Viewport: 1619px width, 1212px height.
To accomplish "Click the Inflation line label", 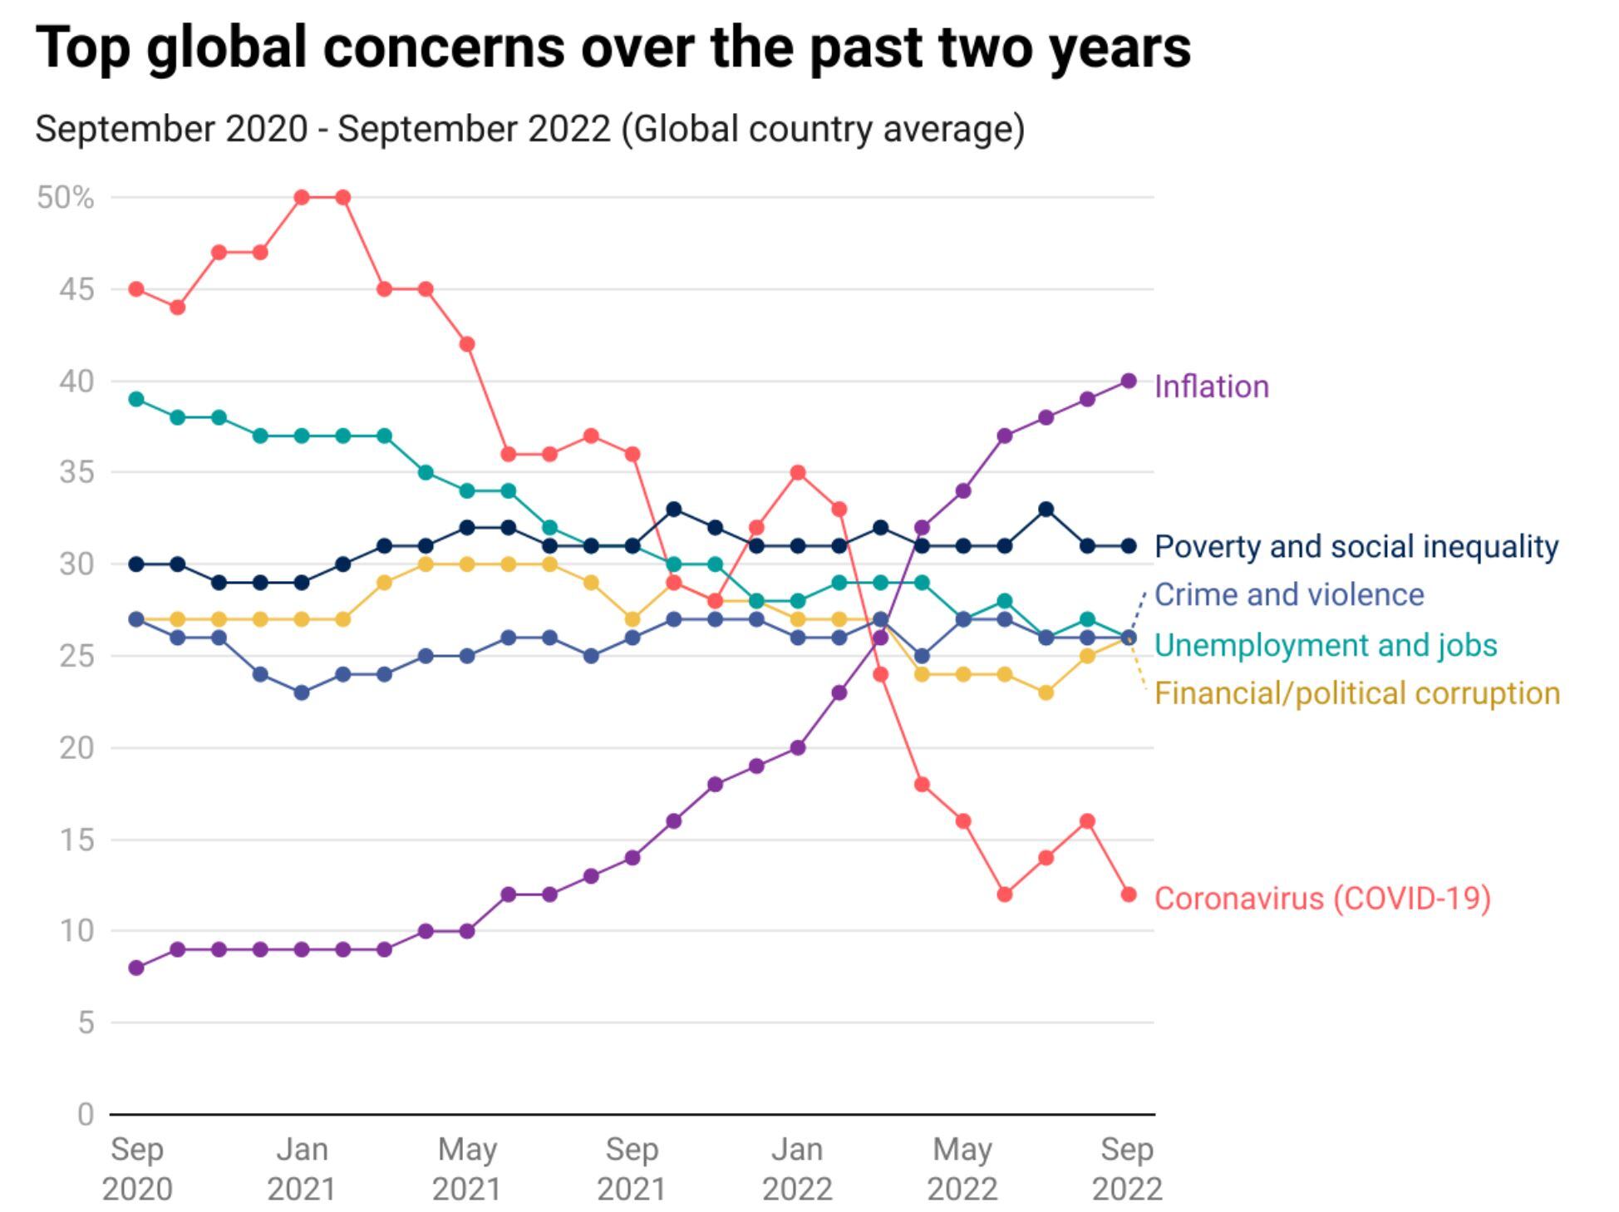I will pos(1211,387).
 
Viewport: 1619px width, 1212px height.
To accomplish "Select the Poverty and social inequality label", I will pos(1356,546).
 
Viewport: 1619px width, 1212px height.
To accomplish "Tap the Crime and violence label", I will pos(1288,594).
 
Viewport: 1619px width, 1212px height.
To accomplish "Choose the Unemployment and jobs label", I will pos(1325,645).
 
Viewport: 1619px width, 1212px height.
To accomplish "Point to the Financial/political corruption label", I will pos(1356,693).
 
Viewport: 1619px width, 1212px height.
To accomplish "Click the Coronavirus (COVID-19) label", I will pos(1321,898).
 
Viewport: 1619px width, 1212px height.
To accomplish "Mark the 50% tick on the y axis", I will pos(65,198).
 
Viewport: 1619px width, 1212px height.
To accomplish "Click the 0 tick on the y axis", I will pos(85,1114).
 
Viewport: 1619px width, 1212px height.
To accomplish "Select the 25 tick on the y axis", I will pos(76,656).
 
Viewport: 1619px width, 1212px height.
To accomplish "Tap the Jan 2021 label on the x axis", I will pos(302,1169).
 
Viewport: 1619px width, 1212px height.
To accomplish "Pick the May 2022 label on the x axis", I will pos(962,1169).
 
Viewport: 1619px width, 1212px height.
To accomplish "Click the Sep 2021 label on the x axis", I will pos(632,1169).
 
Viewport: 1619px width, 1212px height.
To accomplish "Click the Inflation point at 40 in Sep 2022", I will pos(1128,381).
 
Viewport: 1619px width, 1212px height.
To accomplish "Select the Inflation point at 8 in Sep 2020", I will pos(137,968).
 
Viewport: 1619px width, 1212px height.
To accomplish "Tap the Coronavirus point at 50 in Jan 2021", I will pos(302,198).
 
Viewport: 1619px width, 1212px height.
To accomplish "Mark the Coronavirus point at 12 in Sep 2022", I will pos(1128,894).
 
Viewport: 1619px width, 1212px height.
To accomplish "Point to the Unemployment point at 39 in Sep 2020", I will pos(137,399).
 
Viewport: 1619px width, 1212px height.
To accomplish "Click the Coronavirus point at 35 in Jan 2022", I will pos(797,473).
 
